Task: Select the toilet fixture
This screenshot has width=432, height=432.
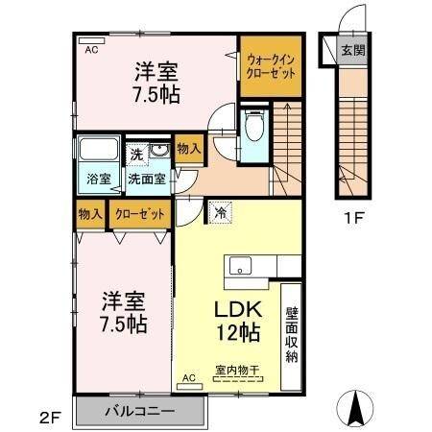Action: pyautogui.click(x=255, y=126)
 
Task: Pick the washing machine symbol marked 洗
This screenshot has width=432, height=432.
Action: pyautogui.click(x=137, y=154)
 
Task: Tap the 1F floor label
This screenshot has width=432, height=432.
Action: pyautogui.click(x=352, y=217)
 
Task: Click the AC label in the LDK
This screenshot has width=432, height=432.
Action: pyautogui.click(x=189, y=377)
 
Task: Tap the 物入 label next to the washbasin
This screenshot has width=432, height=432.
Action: pyautogui.click(x=189, y=149)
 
